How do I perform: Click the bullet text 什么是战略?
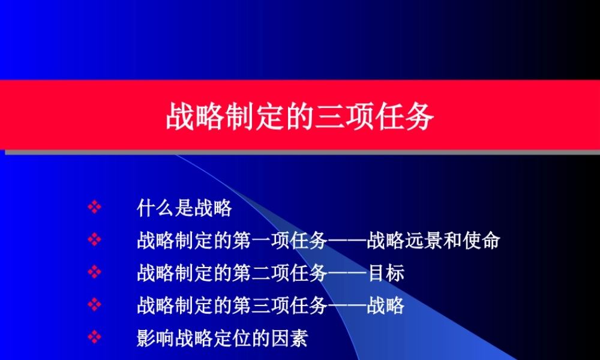click(x=184, y=209)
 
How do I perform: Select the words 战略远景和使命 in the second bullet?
click(x=433, y=241)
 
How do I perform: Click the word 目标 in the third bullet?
click(x=385, y=274)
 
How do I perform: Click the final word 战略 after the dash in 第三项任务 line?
click(x=385, y=306)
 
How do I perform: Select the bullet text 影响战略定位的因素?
click(x=222, y=338)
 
